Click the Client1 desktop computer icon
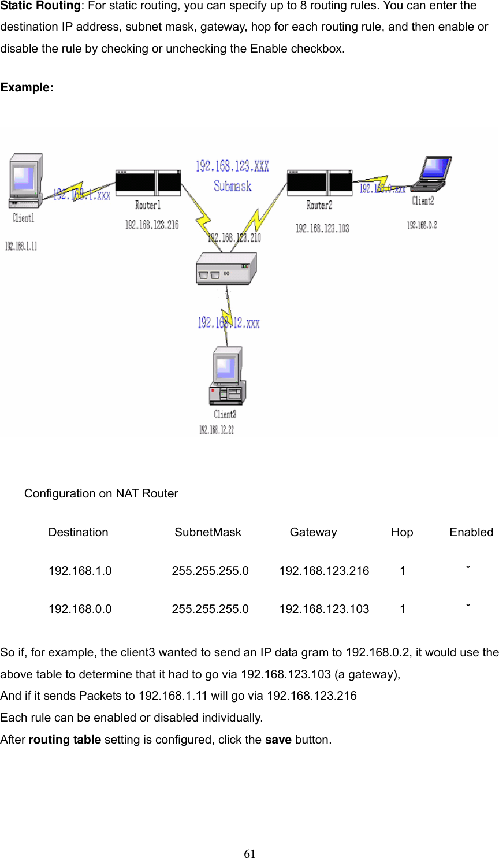pos(25,181)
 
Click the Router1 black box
pos(148,183)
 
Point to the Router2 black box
pos(319,183)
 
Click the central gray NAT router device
pos(226,269)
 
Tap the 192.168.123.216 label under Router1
pos(152,225)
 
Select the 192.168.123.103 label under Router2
pos(322,228)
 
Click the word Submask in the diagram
pos(232,186)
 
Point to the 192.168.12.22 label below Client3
pos(217,430)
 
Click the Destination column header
pos(78,532)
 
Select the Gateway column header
pos(313,532)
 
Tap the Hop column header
pos(402,532)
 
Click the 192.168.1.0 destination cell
pos(80,571)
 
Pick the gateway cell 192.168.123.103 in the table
pos(324,609)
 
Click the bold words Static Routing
pos(40,6)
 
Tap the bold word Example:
pos(27,87)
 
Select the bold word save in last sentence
pos(278,740)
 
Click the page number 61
pos(249,854)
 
